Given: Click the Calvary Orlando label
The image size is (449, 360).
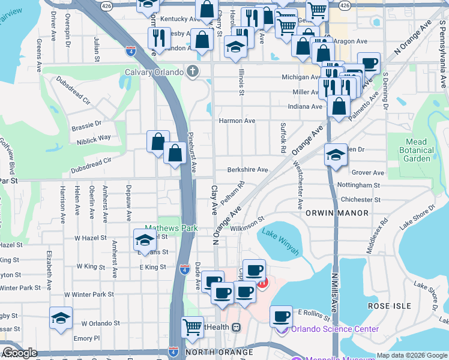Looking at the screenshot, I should click(x=154, y=72).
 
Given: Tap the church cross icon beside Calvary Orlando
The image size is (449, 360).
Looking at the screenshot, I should click(x=193, y=72).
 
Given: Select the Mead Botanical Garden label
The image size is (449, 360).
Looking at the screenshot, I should click(x=417, y=150).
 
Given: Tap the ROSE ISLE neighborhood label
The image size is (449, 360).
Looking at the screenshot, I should click(x=390, y=306).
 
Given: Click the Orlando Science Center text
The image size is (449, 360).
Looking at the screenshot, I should click(x=334, y=329).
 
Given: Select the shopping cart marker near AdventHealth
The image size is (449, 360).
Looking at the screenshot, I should click(x=192, y=327).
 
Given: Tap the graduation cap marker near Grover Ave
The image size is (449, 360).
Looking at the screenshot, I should click(x=335, y=155).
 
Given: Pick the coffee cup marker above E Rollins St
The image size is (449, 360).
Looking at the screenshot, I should click(x=281, y=316).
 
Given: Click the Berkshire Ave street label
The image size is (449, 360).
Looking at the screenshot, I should click(x=247, y=170).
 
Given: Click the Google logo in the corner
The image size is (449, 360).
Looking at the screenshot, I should click(x=20, y=353).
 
